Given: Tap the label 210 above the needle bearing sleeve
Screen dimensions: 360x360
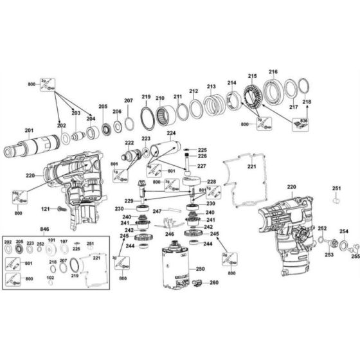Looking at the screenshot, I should click(x=160, y=98).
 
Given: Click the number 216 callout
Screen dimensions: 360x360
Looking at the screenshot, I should click(x=273, y=71).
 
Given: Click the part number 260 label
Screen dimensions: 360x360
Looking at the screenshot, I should click(x=214, y=282).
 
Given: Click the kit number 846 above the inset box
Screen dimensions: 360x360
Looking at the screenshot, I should click(x=44, y=228).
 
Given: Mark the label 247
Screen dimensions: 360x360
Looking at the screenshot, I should click(x=157, y=211).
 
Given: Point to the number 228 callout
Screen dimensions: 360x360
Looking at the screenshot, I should click(x=211, y=182).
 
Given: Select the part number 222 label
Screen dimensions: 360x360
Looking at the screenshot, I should click(x=129, y=143).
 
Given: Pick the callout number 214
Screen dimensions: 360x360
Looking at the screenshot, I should click(x=231, y=82).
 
